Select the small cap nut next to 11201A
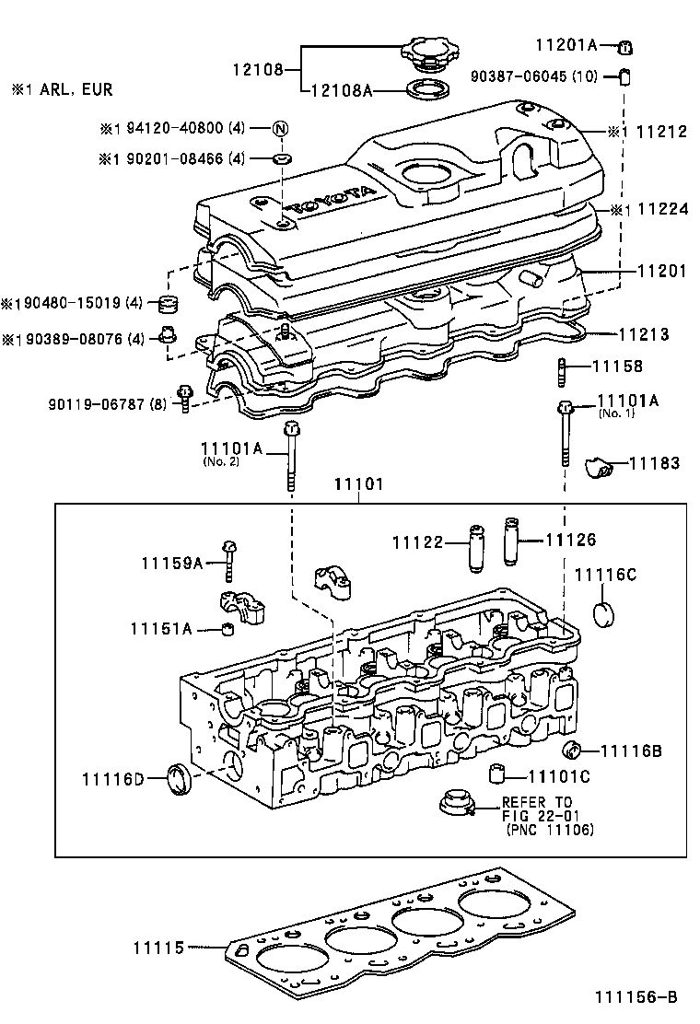click(624, 45)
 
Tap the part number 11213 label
click(643, 335)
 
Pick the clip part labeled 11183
click(600, 470)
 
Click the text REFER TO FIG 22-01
click(537, 809)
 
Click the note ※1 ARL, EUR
click(62, 90)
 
